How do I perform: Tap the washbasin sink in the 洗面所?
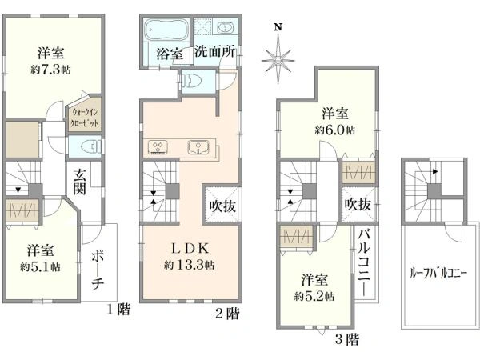click(x=225, y=29)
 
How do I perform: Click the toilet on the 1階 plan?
click(x=91, y=146)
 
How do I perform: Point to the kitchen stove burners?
click(x=158, y=147)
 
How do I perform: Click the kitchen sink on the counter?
click(x=198, y=147)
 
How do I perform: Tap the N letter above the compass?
click(x=278, y=27)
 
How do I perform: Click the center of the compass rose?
click(x=278, y=60)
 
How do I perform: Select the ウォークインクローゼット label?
click(x=85, y=118)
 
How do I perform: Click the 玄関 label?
click(x=79, y=182)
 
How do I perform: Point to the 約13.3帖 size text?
click(x=189, y=265)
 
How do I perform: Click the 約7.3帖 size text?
click(x=50, y=70)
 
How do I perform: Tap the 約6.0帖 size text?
click(x=335, y=130)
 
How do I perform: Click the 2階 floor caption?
click(x=227, y=314)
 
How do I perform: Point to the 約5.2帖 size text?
click(x=314, y=296)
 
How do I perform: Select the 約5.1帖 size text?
click(x=40, y=267)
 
